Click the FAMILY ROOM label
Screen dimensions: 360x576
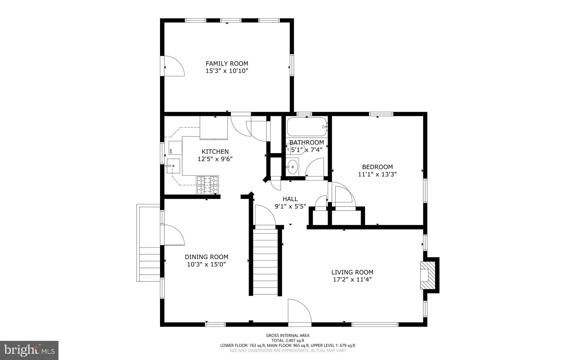(227, 64)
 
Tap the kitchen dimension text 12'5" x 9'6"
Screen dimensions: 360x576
(215, 159)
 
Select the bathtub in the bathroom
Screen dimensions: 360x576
(307, 127)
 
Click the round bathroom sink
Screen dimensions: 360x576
(293, 167)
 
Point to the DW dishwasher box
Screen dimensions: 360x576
(174, 148)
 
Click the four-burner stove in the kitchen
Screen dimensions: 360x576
(208, 185)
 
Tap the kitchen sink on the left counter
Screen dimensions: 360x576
(173, 166)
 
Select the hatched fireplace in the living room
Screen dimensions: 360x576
(428, 275)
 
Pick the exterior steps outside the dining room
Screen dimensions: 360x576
(150, 262)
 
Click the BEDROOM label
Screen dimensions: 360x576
(377, 167)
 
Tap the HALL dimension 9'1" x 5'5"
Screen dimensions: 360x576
(290, 206)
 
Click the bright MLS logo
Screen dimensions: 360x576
(29, 350)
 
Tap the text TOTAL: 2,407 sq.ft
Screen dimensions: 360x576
(287, 340)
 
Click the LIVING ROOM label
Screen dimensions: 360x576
(352, 272)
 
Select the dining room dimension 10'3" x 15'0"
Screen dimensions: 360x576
(206, 264)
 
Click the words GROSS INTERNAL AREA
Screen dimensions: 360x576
(287, 335)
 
